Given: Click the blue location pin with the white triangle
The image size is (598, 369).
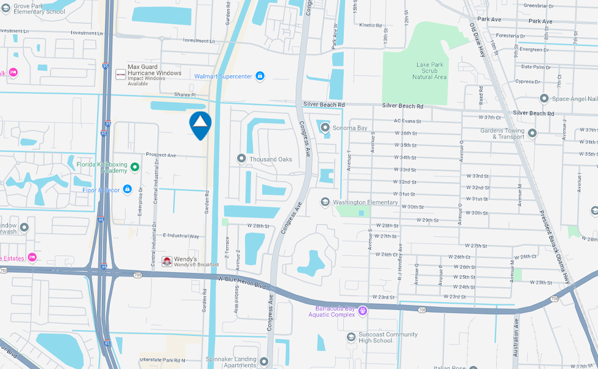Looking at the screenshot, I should [201, 124].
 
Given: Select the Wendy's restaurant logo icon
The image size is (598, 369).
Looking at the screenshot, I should [166, 261].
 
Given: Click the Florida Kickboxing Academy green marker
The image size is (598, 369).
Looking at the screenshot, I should [135, 167].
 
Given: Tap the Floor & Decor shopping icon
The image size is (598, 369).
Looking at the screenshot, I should [127, 189].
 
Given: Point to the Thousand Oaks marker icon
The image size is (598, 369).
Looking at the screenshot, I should [241, 159].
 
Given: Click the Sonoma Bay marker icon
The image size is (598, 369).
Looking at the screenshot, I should [325, 128].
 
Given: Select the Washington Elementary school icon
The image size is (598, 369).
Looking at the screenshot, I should [325, 202].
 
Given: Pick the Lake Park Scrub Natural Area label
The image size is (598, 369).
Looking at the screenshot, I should [430, 71].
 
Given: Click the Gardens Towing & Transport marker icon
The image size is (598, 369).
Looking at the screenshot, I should [532, 133].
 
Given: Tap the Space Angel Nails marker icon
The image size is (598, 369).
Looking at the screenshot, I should [544, 99].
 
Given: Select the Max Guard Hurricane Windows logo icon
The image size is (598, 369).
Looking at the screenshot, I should [120, 74].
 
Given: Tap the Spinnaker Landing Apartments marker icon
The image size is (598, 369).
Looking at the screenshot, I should [263, 362].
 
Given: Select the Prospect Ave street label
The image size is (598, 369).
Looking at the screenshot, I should [161, 155].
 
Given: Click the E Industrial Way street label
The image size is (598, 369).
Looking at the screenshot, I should [181, 236].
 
